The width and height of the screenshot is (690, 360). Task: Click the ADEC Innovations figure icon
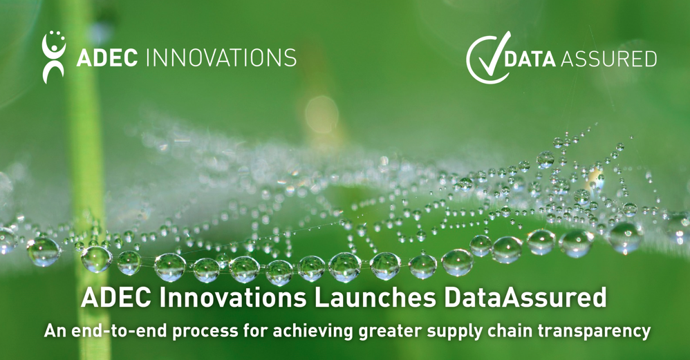click(54, 57)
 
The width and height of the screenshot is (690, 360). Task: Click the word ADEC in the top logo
click(107, 57)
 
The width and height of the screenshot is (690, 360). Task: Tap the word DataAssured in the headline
click(525, 298)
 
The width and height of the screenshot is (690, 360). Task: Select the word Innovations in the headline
click(233, 298)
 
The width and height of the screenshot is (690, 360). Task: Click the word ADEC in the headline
click(117, 298)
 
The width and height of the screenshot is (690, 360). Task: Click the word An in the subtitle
click(55, 331)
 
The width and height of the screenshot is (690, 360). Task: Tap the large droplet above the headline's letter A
click(96, 259)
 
